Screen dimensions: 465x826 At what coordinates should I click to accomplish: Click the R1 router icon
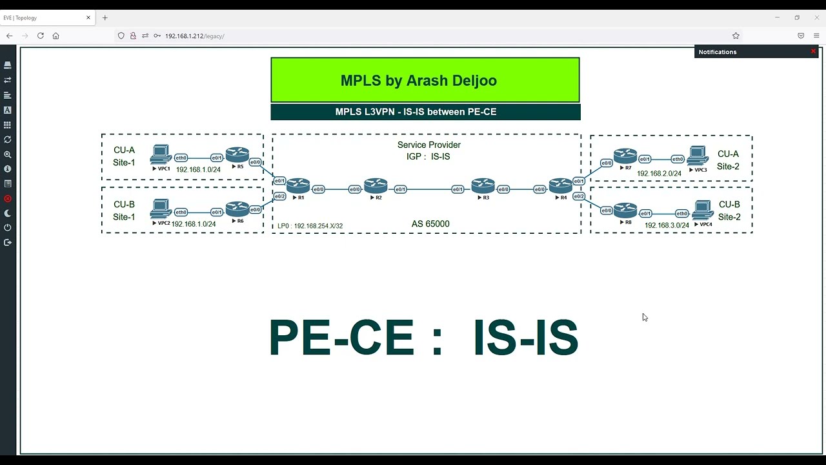(x=298, y=186)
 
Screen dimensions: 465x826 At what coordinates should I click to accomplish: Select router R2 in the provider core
(x=376, y=186)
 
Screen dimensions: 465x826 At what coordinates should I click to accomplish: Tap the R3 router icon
(x=483, y=186)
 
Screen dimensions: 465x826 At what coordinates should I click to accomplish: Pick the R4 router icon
(x=561, y=186)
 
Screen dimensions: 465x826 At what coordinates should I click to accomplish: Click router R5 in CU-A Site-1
(x=237, y=155)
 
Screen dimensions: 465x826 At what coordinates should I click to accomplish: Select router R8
(x=625, y=211)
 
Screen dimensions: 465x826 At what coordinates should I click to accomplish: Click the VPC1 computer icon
(x=161, y=155)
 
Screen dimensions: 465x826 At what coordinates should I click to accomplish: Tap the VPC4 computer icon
(x=703, y=211)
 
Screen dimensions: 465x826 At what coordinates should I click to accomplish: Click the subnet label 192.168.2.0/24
(x=659, y=174)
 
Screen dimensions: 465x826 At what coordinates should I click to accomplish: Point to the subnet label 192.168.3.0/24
(x=667, y=225)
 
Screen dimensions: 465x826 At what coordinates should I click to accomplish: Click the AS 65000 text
(x=430, y=224)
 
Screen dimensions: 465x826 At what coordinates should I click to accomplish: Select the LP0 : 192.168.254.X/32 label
(x=310, y=226)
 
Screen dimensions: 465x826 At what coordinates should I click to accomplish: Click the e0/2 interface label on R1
(x=279, y=196)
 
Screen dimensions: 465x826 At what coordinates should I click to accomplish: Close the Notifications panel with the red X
(x=813, y=51)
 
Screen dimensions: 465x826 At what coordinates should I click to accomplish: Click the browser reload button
(x=40, y=36)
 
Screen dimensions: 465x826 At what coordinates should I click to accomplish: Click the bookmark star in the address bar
(x=736, y=36)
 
